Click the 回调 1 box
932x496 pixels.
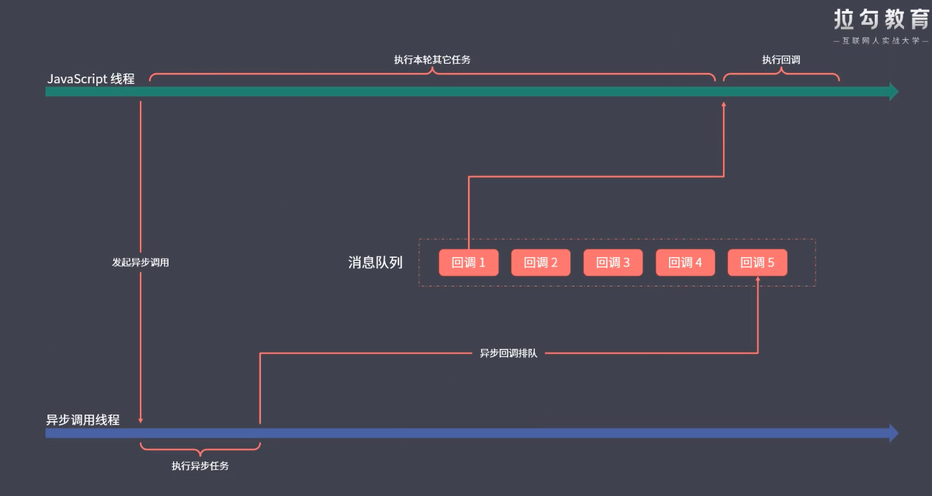click(x=469, y=263)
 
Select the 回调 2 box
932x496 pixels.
click(x=541, y=263)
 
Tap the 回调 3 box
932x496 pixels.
click(x=613, y=263)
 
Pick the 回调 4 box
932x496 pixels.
click(x=685, y=263)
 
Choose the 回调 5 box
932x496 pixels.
click(x=758, y=263)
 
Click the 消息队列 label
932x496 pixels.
click(x=376, y=263)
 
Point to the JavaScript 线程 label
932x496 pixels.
click(x=91, y=79)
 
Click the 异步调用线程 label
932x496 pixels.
click(x=83, y=420)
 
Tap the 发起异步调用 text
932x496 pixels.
click(x=141, y=263)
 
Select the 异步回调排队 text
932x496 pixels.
click(x=509, y=353)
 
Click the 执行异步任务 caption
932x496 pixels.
click(x=200, y=466)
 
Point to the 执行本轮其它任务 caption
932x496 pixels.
click(x=432, y=60)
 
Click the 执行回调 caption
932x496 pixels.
click(x=781, y=60)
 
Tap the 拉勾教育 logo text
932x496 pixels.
click(x=881, y=20)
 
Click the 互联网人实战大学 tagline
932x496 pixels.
click(x=881, y=41)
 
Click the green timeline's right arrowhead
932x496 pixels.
click(x=894, y=92)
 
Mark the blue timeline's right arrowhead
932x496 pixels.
click(x=894, y=433)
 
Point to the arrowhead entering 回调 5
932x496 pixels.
click(x=758, y=279)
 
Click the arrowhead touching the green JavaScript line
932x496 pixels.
click(x=724, y=103)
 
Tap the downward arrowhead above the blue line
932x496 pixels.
click(x=141, y=420)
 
